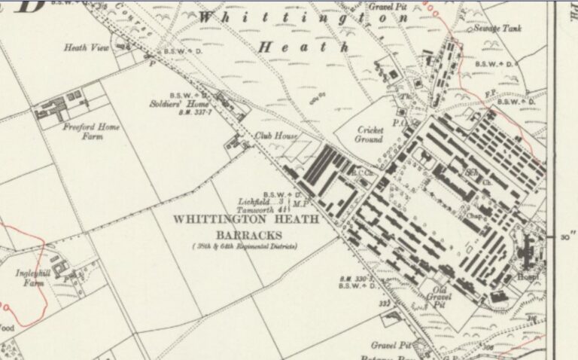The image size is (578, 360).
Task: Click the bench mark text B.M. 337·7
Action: pos(195,112)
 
